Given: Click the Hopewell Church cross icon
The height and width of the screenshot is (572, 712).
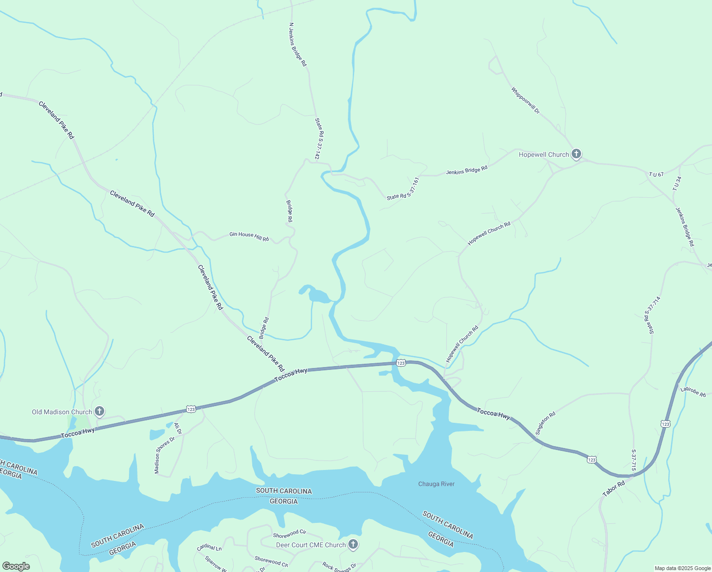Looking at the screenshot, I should (x=576, y=154).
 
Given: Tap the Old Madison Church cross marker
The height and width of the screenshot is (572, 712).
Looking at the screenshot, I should (x=99, y=411).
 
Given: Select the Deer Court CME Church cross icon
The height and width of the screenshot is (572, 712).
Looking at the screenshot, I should (x=353, y=544).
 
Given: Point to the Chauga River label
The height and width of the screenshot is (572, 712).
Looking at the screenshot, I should (x=436, y=484).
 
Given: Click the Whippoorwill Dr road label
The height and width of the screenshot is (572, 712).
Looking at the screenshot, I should (x=525, y=100).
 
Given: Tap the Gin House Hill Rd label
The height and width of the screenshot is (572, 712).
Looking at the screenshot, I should (x=249, y=236).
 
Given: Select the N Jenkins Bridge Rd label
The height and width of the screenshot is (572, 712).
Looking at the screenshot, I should (x=298, y=44).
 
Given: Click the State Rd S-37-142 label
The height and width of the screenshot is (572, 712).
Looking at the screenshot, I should (x=319, y=139).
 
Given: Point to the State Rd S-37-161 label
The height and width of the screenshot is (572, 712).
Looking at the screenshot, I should (x=403, y=189).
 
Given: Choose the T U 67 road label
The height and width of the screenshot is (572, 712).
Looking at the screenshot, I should (x=656, y=174).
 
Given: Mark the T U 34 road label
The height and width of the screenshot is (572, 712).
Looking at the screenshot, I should (x=677, y=184).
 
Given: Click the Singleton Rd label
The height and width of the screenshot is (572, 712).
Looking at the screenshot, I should (x=545, y=423).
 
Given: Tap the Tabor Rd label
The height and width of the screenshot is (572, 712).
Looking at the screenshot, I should (x=613, y=489).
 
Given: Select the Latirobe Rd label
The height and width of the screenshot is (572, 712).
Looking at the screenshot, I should (x=693, y=391).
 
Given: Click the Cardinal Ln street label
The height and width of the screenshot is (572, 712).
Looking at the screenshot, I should (x=209, y=548).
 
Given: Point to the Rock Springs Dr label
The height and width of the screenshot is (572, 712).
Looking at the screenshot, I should (x=339, y=566).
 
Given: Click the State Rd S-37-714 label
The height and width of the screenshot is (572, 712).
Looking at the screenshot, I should (x=653, y=315).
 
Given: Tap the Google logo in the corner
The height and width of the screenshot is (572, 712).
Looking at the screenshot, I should (x=16, y=566).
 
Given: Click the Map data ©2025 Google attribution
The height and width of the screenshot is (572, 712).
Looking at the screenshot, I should (x=682, y=568).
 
